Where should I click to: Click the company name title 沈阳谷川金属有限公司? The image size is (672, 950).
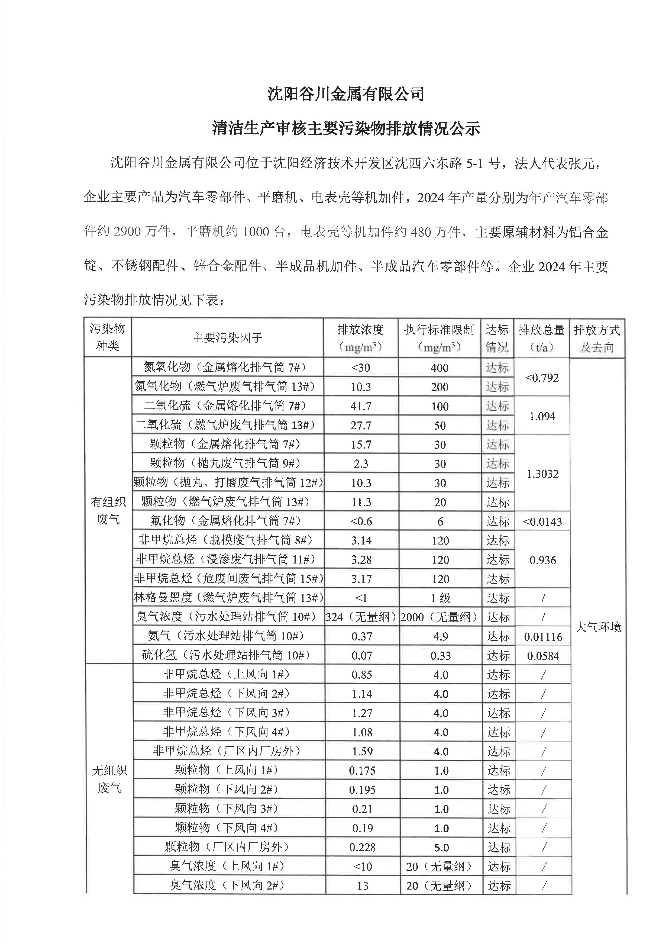(x=345, y=94)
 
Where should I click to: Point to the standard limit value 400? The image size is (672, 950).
(x=440, y=368)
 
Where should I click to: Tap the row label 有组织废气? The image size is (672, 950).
(x=108, y=510)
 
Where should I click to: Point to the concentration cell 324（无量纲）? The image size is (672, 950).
(x=361, y=617)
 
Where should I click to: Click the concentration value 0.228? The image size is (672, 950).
(x=363, y=847)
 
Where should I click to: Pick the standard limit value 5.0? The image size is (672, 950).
(x=441, y=847)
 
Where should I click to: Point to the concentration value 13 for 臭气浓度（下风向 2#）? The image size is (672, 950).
(x=363, y=886)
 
